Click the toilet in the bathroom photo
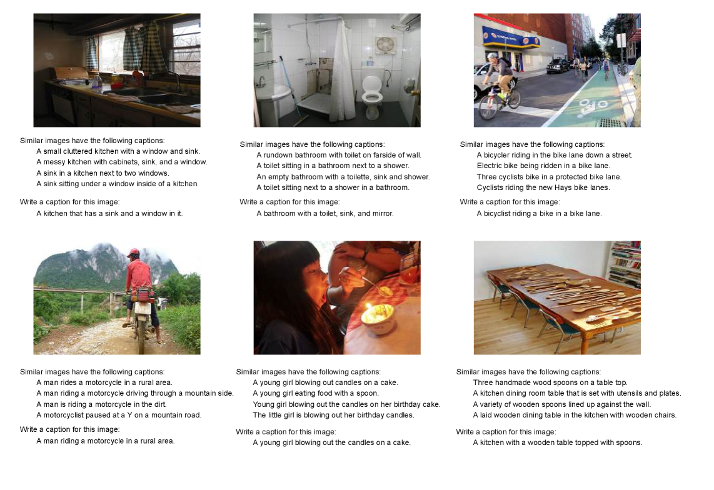[x=372, y=91]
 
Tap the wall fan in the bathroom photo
[x=385, y=46]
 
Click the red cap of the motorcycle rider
[x=133, y=252]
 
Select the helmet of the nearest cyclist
[x=492, y=56]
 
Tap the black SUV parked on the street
[x=557, y=66]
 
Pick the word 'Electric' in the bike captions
[x=490, y=166]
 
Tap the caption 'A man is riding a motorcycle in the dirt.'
[x=101, y=404]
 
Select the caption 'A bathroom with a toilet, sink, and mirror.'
[x=325, y=214]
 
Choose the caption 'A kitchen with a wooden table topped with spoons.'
[x=558, y=442]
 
